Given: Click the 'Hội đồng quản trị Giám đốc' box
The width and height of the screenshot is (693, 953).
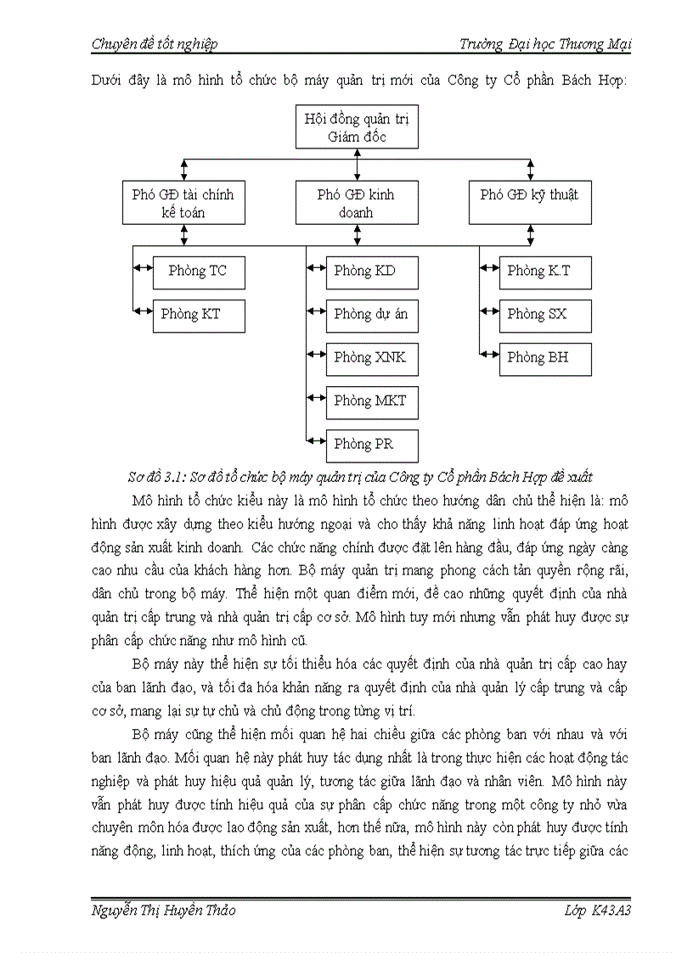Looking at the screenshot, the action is (357, 127).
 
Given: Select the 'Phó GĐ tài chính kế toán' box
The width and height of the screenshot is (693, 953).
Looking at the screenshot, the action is (183, 203).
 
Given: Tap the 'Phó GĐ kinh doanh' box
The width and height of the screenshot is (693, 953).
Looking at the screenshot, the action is (356, 203).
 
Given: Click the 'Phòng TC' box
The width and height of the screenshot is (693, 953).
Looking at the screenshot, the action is (199, 272).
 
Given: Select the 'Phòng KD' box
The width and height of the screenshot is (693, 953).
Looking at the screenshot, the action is (372, 272).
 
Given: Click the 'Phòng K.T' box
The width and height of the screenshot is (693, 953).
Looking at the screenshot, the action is (545, 272).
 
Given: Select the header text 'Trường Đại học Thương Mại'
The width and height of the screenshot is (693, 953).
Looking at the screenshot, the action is (544, 44).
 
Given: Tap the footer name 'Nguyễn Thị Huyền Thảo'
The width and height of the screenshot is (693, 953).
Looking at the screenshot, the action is (163, 910).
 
